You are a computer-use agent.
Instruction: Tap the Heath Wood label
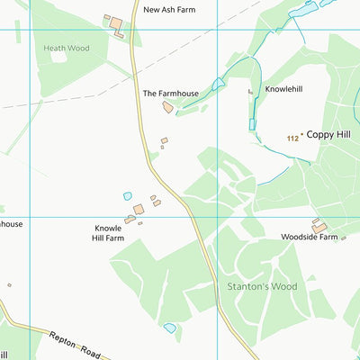pos(67,47)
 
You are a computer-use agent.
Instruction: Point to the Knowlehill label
pos(283,89)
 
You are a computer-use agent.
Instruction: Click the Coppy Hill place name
pos(328,134)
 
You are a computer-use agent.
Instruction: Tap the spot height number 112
pos(292,138)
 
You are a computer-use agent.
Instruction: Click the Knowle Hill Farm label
pos(108,234)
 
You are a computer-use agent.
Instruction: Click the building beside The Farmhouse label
pos(167,107)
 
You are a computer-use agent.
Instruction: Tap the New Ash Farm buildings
pos(114,24)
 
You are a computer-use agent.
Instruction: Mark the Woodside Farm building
pos(319,227)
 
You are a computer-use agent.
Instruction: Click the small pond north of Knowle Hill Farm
pos(128,195)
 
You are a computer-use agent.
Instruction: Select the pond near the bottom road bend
pos(169,328)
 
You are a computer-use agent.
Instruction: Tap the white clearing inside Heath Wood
pos(58,57)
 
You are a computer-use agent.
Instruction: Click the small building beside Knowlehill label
pos(250,91)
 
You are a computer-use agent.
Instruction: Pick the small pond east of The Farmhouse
pos(217,85)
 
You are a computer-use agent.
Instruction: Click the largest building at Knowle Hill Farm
pos(139,209)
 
